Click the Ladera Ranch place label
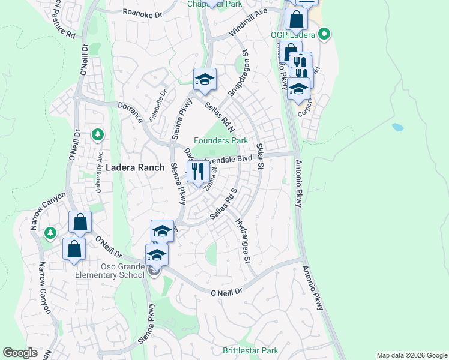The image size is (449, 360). (134, 168)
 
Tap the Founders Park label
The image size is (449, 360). (221, 140)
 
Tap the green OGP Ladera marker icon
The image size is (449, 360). (324, 34)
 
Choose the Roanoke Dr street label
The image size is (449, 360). (142, 12)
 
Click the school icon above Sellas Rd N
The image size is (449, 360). (204, 80)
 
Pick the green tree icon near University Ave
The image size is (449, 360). (98, 135)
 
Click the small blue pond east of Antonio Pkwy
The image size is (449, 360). (397, 127)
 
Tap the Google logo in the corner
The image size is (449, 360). (20, 353)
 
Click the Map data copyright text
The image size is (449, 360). (411, 355)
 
